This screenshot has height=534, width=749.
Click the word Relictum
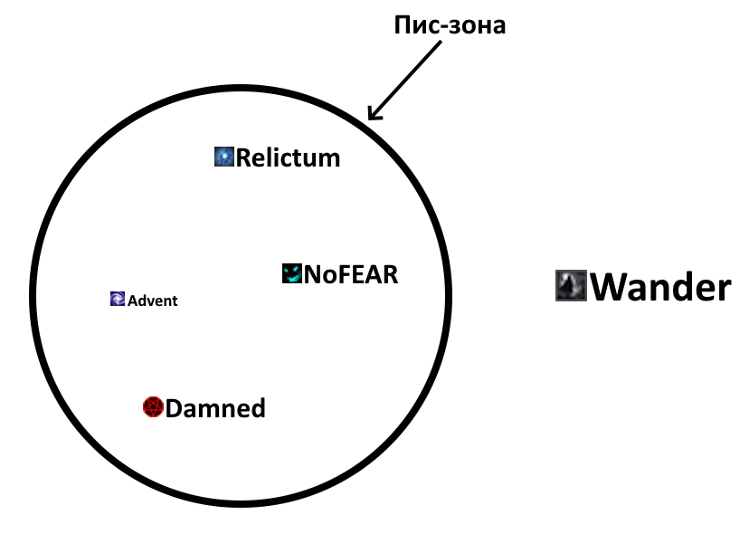pyautogui.click(x=288, y=158)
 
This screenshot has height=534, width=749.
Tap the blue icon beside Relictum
pyautogui.click(x=223, y=157)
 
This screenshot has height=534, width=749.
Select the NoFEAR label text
pyautogui.click(x=350, y=274)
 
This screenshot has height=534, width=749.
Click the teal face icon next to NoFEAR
pyautogui.click(x=291, y=273)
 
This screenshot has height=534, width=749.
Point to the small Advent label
pyautogui.click(x=152, y=300)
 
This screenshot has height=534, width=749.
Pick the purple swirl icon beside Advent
pyautogui.click(x=117, y=300)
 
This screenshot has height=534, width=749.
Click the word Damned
pyautogui.click(x=215, y=409)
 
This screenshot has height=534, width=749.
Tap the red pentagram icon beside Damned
pyautogui.click(x=152, y=408)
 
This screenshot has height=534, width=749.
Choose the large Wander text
pyautogui.click(x=660, y=287)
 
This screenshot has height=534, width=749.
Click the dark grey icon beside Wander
pyautogui.click(x=571, y=286)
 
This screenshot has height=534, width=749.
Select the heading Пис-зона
pyautogui.click(x=450, y=24)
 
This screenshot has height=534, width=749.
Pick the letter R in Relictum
pyautogui.click(x=244, y=158)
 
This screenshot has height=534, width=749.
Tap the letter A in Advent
pyautogui.click(x=132, y=300)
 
